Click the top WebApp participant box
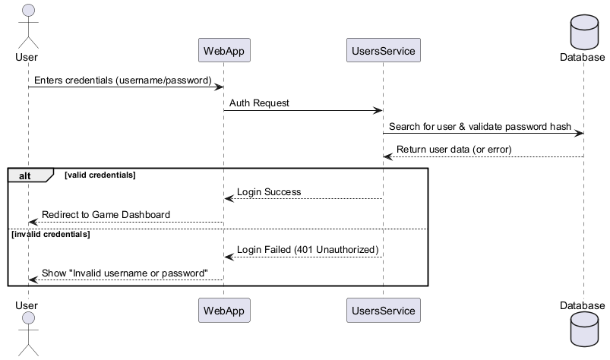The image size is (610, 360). tap(223, 50)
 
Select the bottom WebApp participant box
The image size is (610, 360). tap(223, 310)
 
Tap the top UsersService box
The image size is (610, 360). tap(383, 50)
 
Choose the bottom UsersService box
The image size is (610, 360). tap(383, 310)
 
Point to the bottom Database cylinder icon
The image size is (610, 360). tap(583, 333)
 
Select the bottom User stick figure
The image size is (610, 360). tap(28, 334)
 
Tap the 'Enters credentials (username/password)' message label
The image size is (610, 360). tap(122, 81)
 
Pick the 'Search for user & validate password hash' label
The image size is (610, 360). tap(480, 127)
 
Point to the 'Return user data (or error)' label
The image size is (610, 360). tap(454, 150)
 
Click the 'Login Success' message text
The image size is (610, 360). tap(269, 192)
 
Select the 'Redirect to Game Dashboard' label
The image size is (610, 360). tap(106, 215)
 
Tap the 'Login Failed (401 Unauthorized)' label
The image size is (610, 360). tap(308, 250)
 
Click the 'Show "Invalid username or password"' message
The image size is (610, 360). tap(125, 273)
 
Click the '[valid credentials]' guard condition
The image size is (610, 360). tap(100, 175)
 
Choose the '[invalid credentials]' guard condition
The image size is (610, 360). tap(49, 234)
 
